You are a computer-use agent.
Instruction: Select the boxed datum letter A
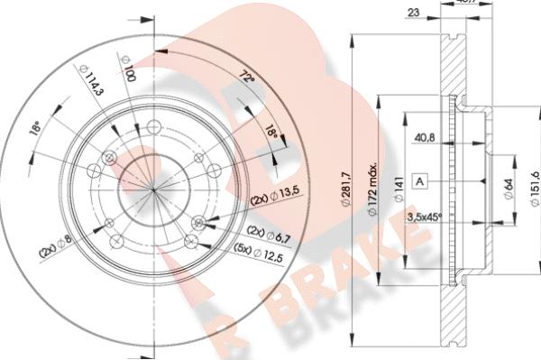419,181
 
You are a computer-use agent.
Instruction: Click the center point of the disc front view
154,190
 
